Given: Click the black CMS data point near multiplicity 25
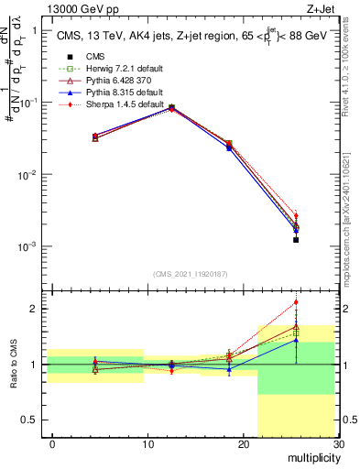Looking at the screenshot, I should [x=296, y=240].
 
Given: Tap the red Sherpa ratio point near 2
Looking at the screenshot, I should [x=296, y=302].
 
